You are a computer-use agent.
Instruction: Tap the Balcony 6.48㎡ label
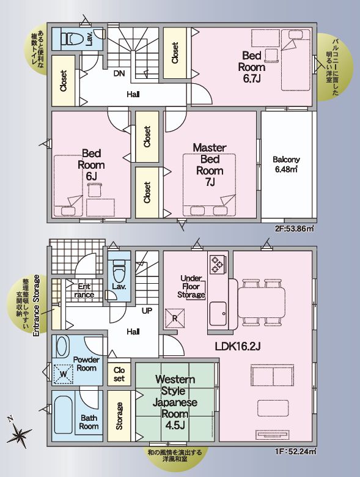pos(286,164)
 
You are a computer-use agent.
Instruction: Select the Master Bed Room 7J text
pos(210,165)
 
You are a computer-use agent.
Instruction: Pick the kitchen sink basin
pos(218,314)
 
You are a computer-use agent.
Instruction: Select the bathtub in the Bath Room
pos(63,415)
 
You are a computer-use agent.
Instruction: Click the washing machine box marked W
pos(63,374)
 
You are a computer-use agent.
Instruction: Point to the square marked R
pos(175,318)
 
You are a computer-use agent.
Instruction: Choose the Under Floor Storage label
pos(191,287)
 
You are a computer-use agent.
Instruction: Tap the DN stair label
pos(119,73)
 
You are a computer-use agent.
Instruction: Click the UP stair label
pos(147,311)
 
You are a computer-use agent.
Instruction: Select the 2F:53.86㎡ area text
pos(295,229)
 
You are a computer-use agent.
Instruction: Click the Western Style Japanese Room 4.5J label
pos(175,402)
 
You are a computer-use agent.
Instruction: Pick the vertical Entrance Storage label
pos(37,305)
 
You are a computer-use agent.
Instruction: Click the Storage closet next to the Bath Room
pos(119,416)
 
